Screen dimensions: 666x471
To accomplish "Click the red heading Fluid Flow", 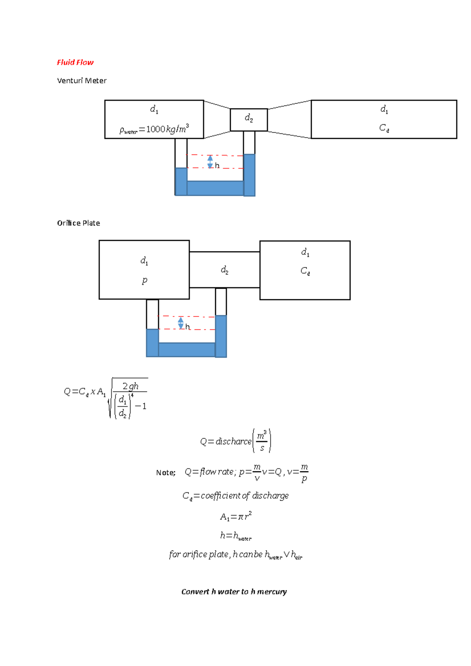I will pyautogui.click(x=75, y=62).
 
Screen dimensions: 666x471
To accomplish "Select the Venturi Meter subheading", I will pyautogui.click(x=82, y=81).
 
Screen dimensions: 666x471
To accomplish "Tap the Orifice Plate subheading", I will pyautogui.click(x=78, y=223).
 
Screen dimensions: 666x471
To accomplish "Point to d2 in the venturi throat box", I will pyautogui.click(x=249, y=118).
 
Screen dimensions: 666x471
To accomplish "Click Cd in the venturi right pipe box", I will pyautogui.click(x=384, y=128).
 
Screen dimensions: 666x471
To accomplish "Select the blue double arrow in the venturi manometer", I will pyautogui.click(x=210, y=162).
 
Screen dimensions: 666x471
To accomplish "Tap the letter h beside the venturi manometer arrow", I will pyautogui.click(x=217, y=166).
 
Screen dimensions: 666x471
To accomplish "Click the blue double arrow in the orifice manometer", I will pyautogui.click(x=181, y=323).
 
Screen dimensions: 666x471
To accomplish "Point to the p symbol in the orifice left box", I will pyautogui.click(x=144, y=280).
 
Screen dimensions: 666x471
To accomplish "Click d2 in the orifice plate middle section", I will pyautogui.click(x=225, y=270).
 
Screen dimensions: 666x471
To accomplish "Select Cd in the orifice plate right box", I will pyautogui.click(x=305, y=271).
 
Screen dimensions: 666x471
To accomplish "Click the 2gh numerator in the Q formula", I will pyautogui.click(x=130, y=386).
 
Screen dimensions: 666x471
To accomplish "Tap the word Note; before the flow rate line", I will pyautogui.click(x=166, y=473).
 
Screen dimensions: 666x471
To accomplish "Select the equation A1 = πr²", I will pyautogui.click(x=235, y=516).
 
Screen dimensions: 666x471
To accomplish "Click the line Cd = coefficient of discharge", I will pyautogui.click(x=235, y=496).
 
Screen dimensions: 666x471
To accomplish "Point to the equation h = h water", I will pyautogui.click(x=235, y=536).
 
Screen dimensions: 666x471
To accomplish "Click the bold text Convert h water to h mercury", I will pyautogui.click(x=234, y=591).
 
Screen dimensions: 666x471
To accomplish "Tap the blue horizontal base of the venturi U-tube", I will pyautogui.click(x=215, y=188).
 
